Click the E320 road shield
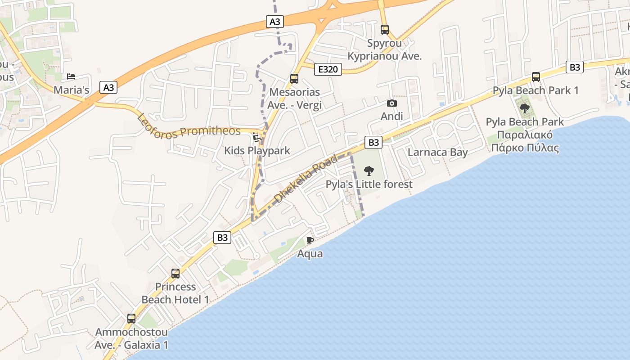(328, 69)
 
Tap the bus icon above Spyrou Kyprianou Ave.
(384, 30)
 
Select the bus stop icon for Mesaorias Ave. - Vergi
(294, 79)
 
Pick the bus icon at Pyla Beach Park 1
(535, 76)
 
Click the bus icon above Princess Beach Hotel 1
(175, 273)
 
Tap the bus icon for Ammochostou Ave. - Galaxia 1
(131, 319)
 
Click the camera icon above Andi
(391, 103)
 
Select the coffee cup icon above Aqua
(310, 240)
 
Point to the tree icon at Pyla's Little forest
(369, 171)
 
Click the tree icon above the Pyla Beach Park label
(524, 108)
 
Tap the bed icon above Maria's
(71, 76)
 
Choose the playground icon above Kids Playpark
(257, 137)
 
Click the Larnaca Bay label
(437, 152)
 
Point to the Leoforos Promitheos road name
(189, 127)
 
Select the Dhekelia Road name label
(306, 179)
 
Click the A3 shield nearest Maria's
(108, 87)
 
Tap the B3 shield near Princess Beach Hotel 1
(222, 238)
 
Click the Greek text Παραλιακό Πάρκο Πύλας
(525, 141)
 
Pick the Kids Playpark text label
(257, 151)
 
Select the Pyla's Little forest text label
(369, 184)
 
